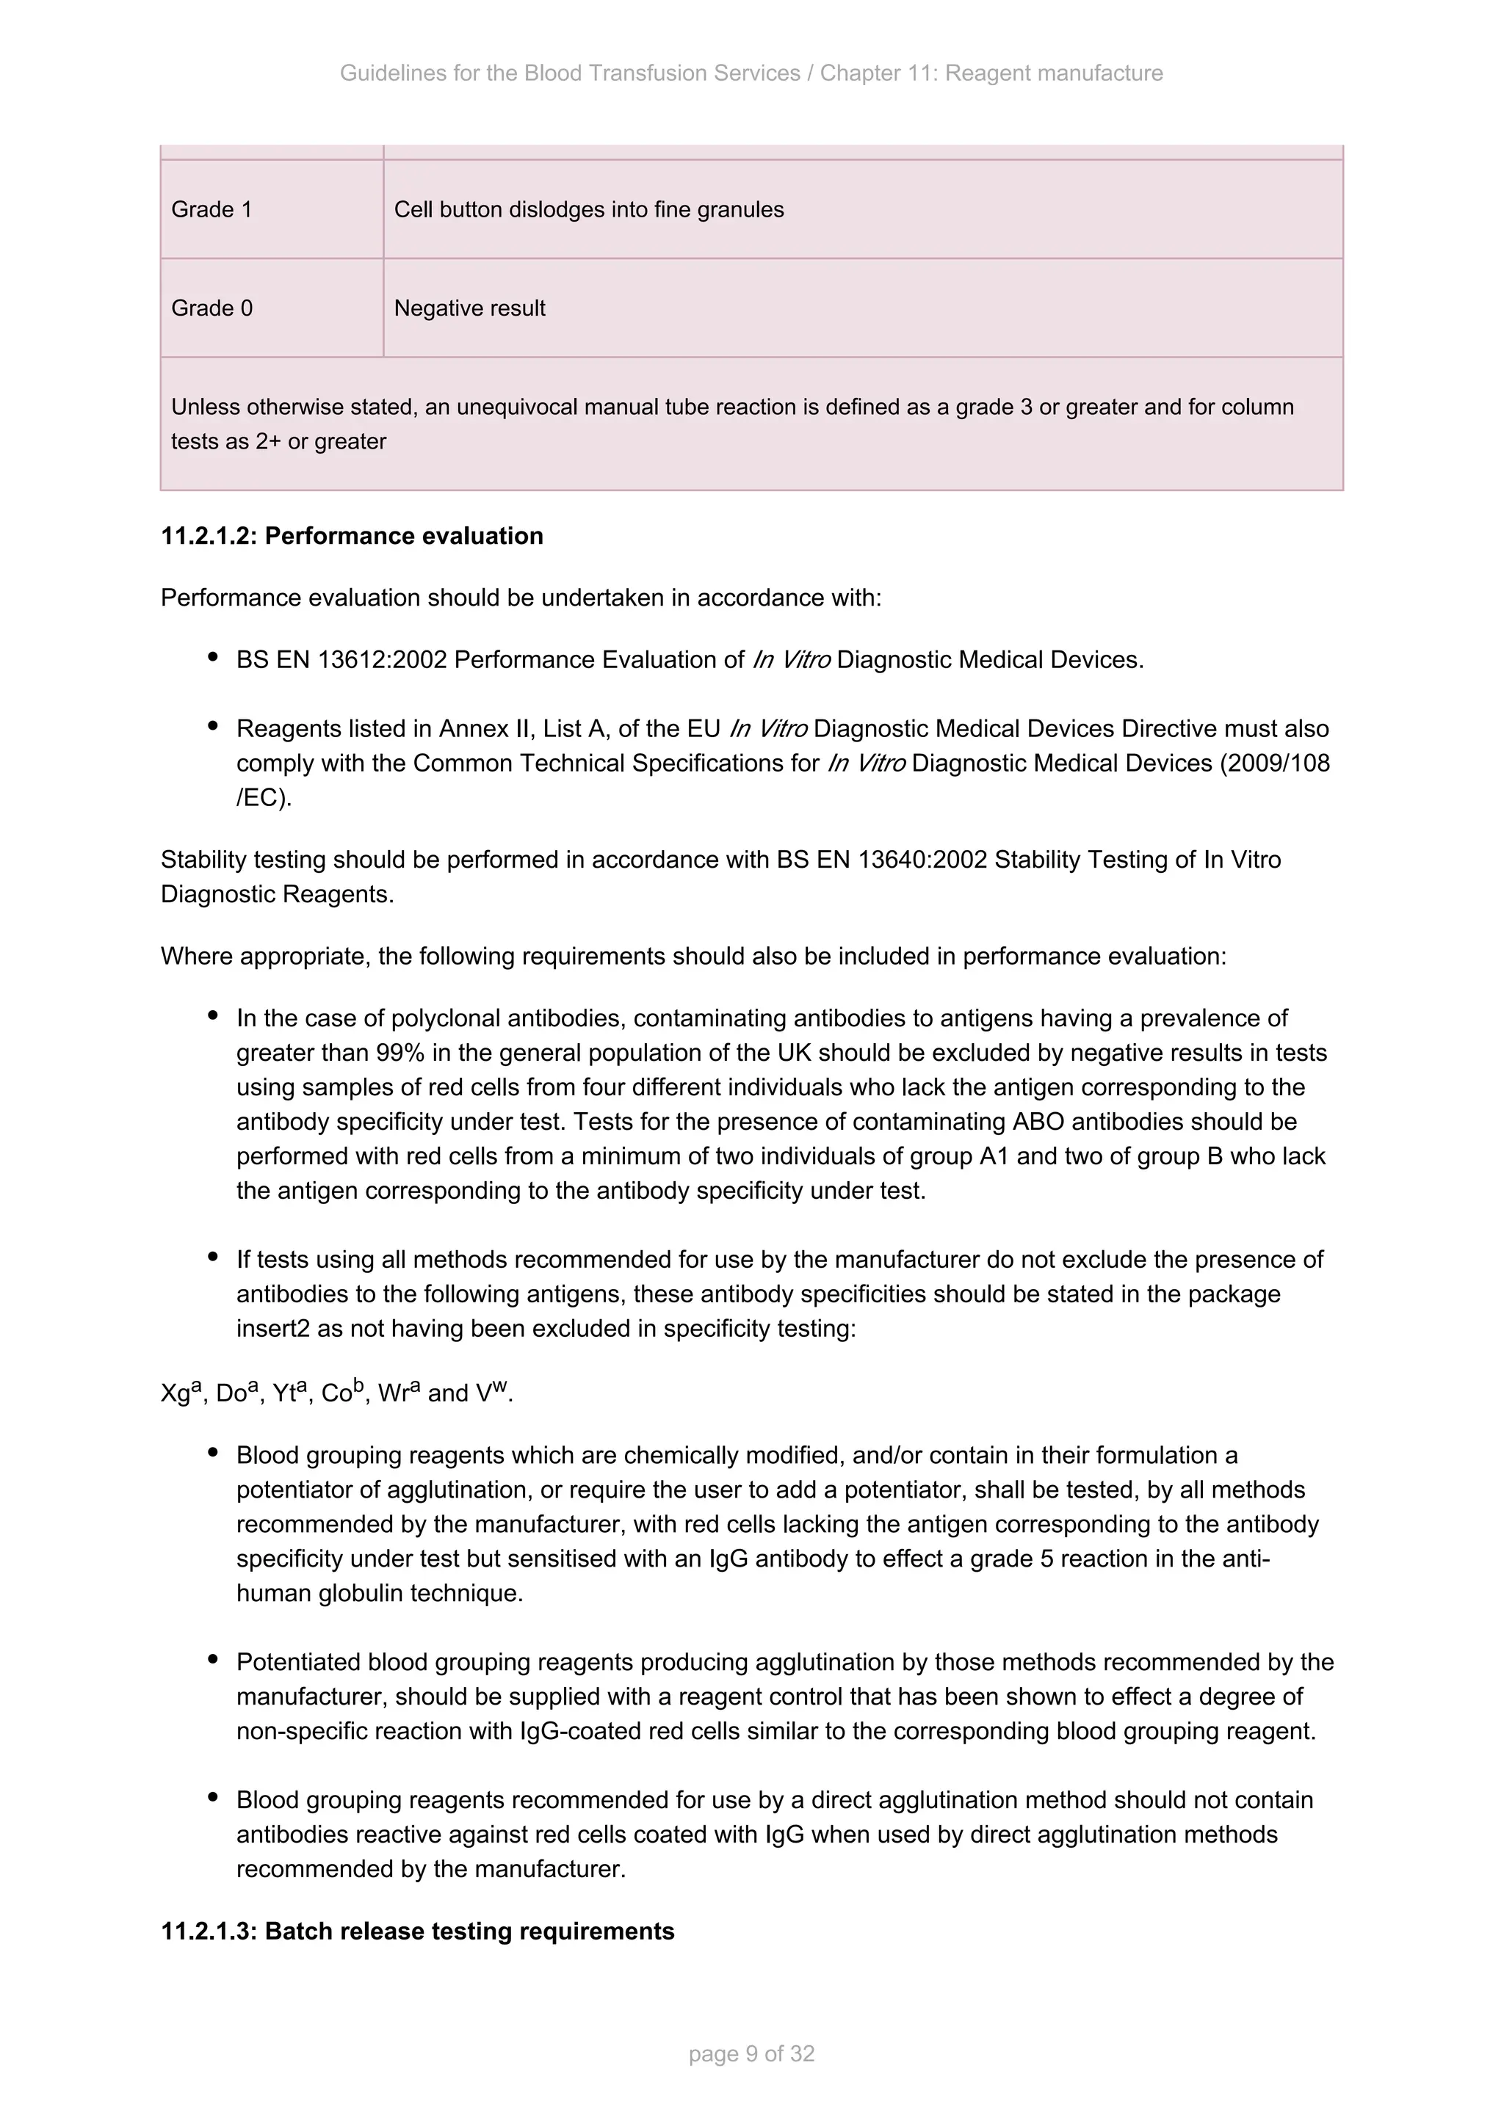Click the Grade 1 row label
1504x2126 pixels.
coord(211,209)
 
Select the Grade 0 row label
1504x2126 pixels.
coord(211,308)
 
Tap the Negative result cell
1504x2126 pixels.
coord(469,308)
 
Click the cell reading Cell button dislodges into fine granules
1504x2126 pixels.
coord(588,209)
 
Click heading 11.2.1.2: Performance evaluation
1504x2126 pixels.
coord(352,536)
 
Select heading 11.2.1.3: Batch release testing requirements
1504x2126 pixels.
coord(418,1931)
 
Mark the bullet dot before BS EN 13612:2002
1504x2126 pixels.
coord(213,658)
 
